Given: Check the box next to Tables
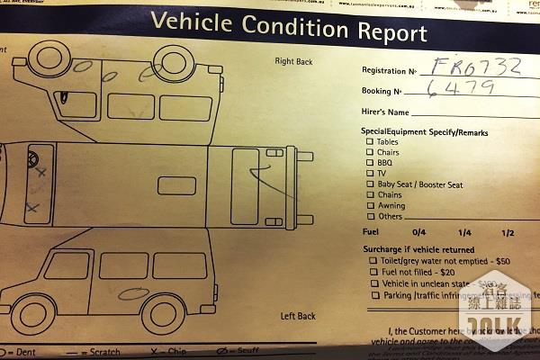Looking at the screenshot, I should (370, 142).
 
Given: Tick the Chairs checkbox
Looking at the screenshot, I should (370, 153).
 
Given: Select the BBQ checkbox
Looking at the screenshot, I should (370, 163).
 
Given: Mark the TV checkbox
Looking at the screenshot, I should (370, 174).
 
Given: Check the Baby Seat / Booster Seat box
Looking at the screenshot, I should (370, 184).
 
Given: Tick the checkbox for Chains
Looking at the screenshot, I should (370, 195).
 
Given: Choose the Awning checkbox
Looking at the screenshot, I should (370, 206).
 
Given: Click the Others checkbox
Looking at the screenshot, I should (370, 217).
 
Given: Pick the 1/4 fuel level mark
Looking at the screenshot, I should (464, 233).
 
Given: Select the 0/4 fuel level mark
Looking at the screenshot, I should (418, 233).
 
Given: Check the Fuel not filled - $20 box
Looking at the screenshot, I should (373, 272).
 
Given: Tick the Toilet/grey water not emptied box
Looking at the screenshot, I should (373, 260).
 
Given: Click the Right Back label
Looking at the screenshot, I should (294, 62).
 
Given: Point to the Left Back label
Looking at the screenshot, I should (298, 317).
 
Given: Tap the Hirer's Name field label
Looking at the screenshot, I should (385, 112).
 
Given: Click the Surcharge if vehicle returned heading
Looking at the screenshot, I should (418, 248).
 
